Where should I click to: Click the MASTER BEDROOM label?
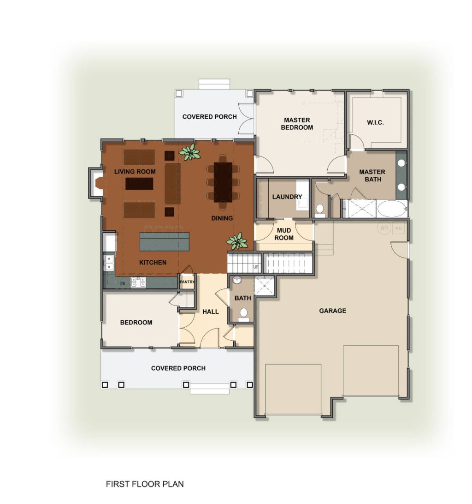(297, 124)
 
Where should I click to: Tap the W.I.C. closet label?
(375, 122)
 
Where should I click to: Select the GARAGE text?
(333, 311)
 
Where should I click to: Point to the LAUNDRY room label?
(287, 197)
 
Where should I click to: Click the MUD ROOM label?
(284, 234)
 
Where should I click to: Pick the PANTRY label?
(187, 282)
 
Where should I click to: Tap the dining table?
(223, 182)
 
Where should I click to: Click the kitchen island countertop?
(165, 241)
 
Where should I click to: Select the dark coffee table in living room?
(139, 184)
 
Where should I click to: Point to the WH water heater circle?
(384, 228)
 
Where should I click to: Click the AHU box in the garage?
(398, 228)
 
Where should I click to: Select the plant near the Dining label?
(237, 241)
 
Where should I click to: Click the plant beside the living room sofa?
(190, 152)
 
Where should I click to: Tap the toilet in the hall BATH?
(244, 314)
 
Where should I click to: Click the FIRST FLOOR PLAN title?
(145, 484)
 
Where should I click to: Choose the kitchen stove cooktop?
(138, 282)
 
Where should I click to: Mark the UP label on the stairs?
(255, 267)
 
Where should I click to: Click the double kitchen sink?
(108, 263)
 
